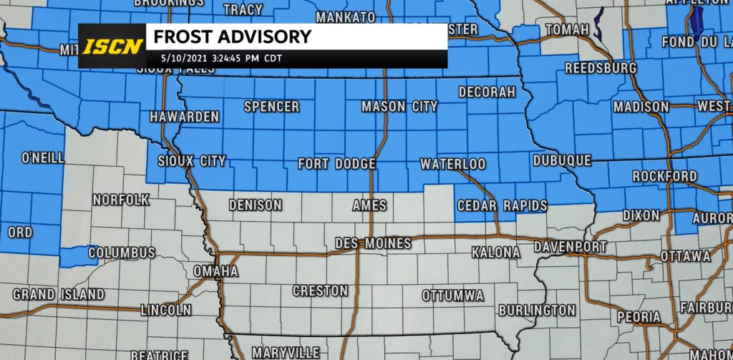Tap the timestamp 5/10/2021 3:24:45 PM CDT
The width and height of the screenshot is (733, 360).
(211, 59)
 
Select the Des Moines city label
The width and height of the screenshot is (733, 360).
(373, 244)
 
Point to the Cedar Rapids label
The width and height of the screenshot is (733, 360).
(502, 206)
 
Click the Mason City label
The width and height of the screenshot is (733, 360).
(399, 107)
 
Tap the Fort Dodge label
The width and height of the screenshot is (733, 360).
(336, 165)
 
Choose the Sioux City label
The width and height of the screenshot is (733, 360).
(191, 161)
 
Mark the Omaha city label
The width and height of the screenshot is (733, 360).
(215, 272)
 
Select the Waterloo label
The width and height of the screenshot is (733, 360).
(452, 165)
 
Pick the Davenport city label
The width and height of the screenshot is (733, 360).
(570, 247)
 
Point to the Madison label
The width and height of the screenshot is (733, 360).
(641, 107)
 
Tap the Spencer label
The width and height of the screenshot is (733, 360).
(271, 107)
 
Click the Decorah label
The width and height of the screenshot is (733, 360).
(487, 92)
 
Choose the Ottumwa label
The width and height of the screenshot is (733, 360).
(452, 296)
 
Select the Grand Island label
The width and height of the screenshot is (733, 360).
(59, 294)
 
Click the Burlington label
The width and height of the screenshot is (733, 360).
(536, 311)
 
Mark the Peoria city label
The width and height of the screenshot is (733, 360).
(639, 316)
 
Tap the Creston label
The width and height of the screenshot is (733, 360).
(320, 291)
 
